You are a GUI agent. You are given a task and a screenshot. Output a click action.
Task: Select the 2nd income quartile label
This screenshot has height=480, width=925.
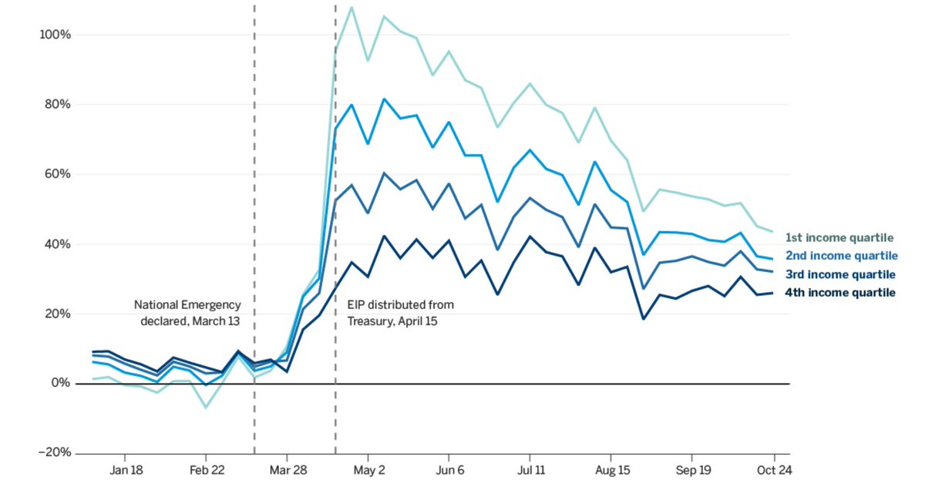842,256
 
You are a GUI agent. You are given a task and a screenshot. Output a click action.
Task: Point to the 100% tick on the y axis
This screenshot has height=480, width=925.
55,35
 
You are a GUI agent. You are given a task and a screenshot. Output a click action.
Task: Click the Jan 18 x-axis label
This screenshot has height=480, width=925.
126,469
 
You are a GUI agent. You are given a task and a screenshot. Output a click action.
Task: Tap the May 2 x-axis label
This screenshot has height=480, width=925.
368,469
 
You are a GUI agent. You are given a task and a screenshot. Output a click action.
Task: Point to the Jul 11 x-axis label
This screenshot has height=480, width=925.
530,469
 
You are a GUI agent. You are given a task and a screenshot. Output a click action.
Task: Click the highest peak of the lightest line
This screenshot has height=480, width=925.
351,8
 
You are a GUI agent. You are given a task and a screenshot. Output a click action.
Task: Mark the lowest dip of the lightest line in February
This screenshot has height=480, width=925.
206,407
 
